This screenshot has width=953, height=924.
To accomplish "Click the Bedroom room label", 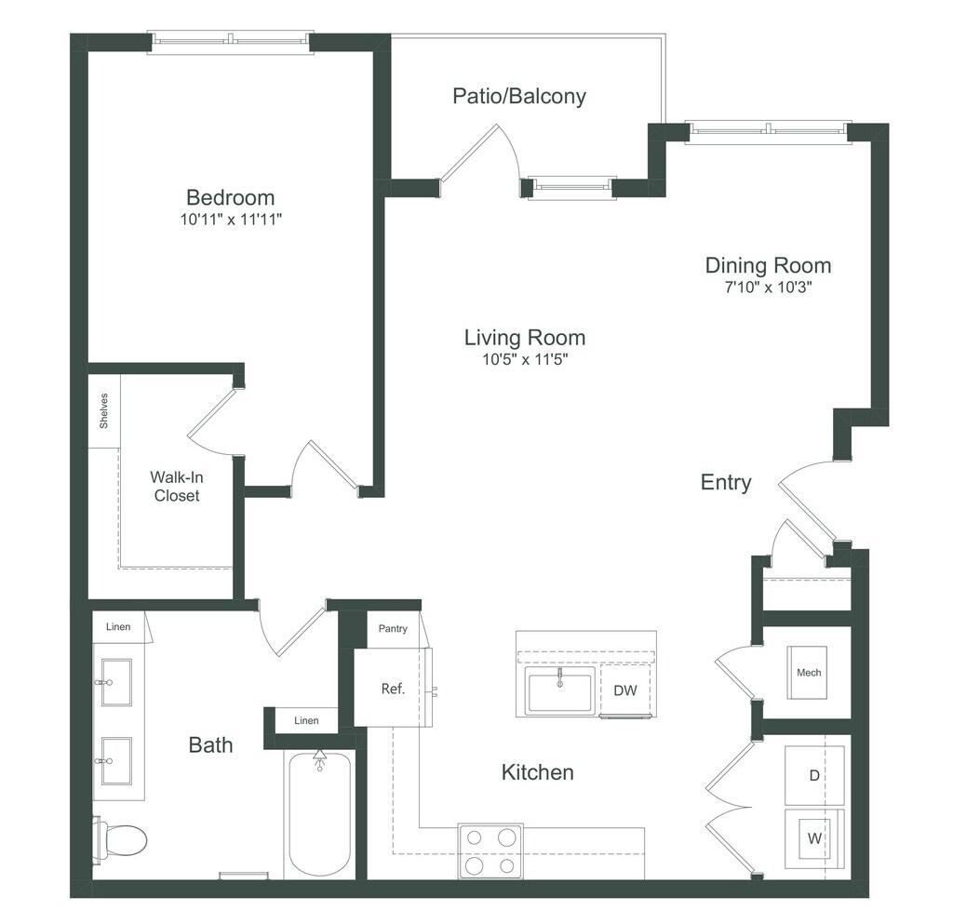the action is point(231,197).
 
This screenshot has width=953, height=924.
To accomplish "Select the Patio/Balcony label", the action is point(519,96).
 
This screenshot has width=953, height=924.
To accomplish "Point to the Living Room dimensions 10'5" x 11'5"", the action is point(525,359).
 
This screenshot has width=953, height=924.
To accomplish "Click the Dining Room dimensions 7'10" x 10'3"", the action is point(767,288).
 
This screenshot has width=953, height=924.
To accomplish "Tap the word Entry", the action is point(726,482).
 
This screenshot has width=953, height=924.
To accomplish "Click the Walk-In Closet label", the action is point(177,487).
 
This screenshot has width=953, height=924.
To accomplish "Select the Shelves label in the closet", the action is point(104,411).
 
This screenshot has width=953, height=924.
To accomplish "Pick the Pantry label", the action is point(393,629).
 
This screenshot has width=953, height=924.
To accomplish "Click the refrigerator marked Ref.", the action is point(393,690).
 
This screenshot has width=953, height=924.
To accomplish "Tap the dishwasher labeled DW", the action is point(625,690).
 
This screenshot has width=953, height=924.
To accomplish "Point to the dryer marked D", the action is point(814,775).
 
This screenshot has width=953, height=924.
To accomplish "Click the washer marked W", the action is point(814,838).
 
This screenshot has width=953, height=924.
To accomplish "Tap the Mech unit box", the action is point(809,672).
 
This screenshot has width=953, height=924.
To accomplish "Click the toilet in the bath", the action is point(122,839).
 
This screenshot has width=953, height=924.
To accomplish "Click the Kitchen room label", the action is point(538,772).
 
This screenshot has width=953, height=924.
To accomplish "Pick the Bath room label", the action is point(210,744).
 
